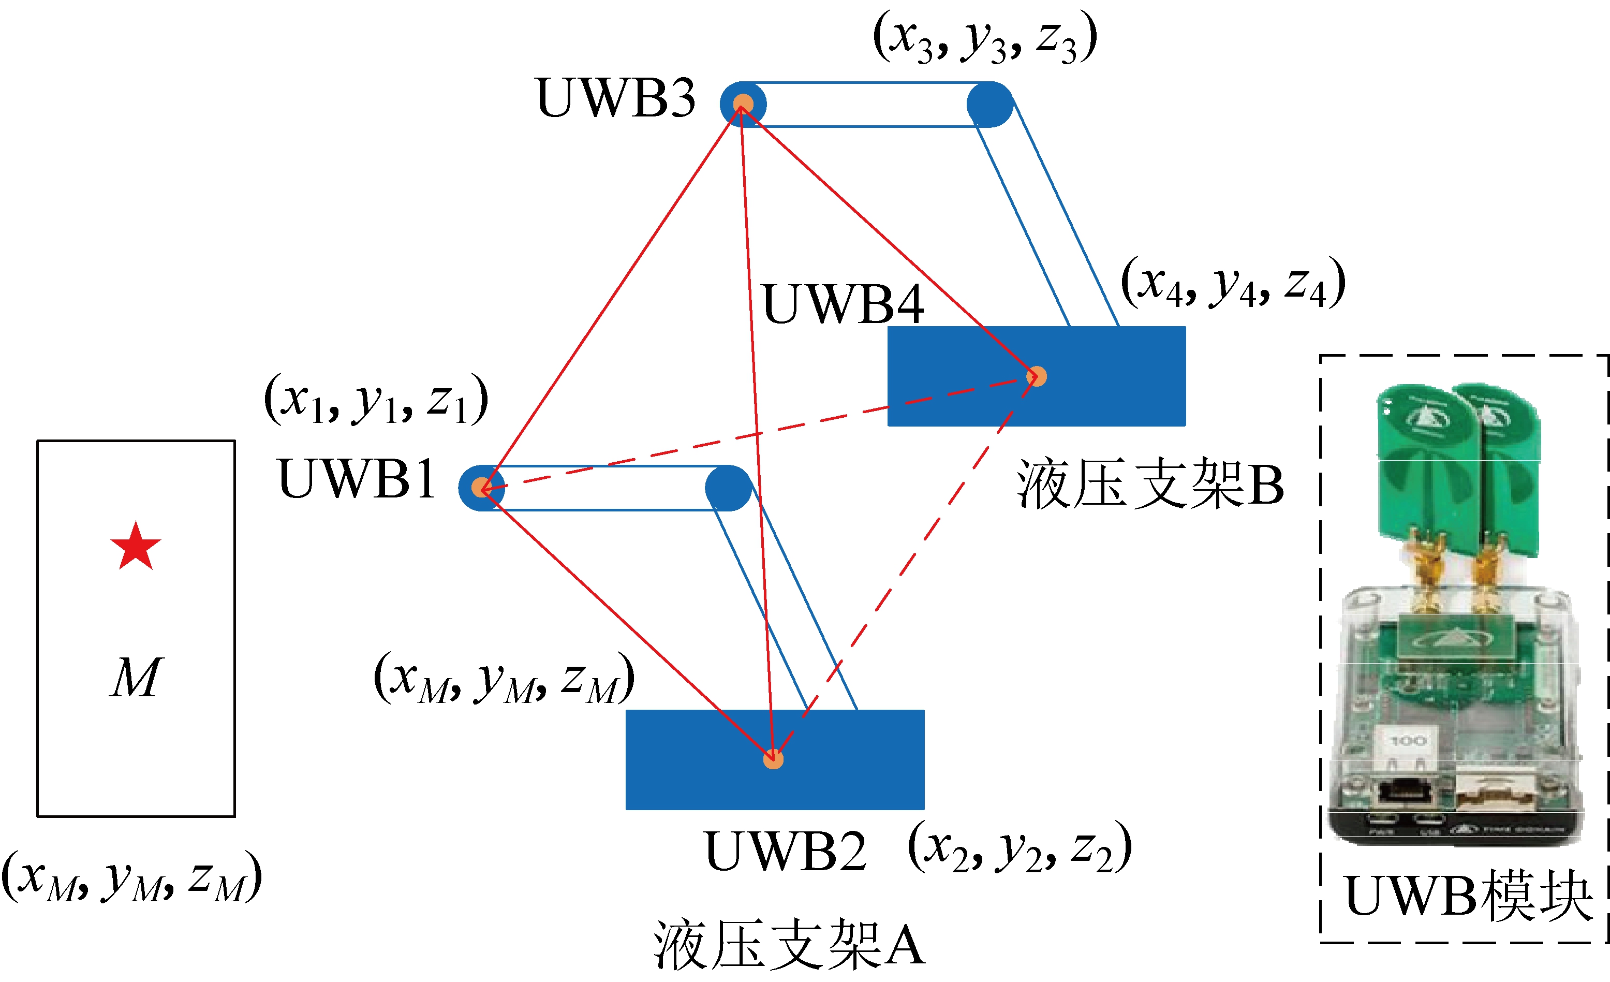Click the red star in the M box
(x=135, y=547)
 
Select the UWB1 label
(x=357, y=479)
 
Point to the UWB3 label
(x=615, y=97)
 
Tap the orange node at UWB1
(x=482, y=487)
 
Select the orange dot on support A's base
(x=773, y=759)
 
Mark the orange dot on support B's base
(x=1036, y=376)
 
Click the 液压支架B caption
(x=1150, y=485)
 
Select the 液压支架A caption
(x=789, y=945)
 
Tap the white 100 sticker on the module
(x=1408, y=741)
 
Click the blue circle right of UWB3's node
(x=989, y=104)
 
